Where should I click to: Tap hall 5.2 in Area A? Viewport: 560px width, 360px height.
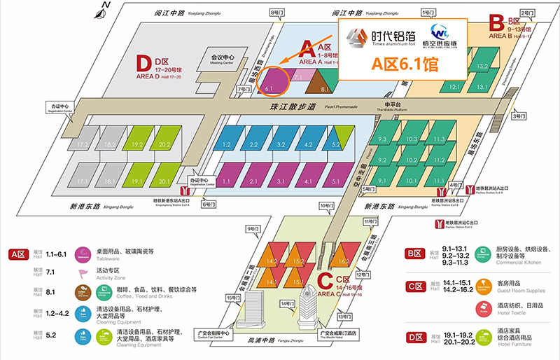click(335, 145)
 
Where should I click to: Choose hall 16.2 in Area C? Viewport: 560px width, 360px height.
click(343, 260)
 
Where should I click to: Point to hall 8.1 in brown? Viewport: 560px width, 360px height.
click(325, 88)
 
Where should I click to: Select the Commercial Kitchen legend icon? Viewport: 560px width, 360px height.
click(483, 255)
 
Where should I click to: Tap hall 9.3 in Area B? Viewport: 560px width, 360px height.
click(383, 139)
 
